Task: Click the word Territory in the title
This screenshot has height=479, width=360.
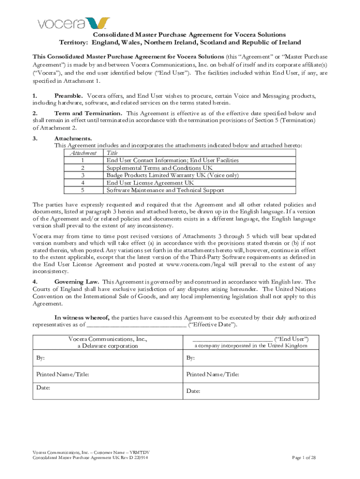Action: click(x=74, y=42)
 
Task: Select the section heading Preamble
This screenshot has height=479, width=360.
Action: click(x=69, y=96)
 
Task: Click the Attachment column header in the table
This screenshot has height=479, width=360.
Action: click(x=83, y=153)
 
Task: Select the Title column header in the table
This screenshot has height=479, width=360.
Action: click(x=112, y=153)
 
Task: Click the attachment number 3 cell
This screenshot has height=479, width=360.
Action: click(x=83, y=175)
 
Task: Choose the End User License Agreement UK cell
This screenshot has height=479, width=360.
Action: click(x=150, y=183)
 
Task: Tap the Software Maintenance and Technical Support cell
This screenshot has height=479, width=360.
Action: click(x=165, y=190)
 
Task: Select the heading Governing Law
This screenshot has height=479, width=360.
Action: click(x=76, y=282)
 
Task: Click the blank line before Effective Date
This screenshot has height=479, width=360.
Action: click(x=136, y=325)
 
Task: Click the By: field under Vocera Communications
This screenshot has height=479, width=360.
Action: click(x=41, y=358)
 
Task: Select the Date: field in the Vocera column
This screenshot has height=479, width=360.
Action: click(x=43, y=388)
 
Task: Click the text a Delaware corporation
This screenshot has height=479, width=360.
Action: click(x=108, y=346)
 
